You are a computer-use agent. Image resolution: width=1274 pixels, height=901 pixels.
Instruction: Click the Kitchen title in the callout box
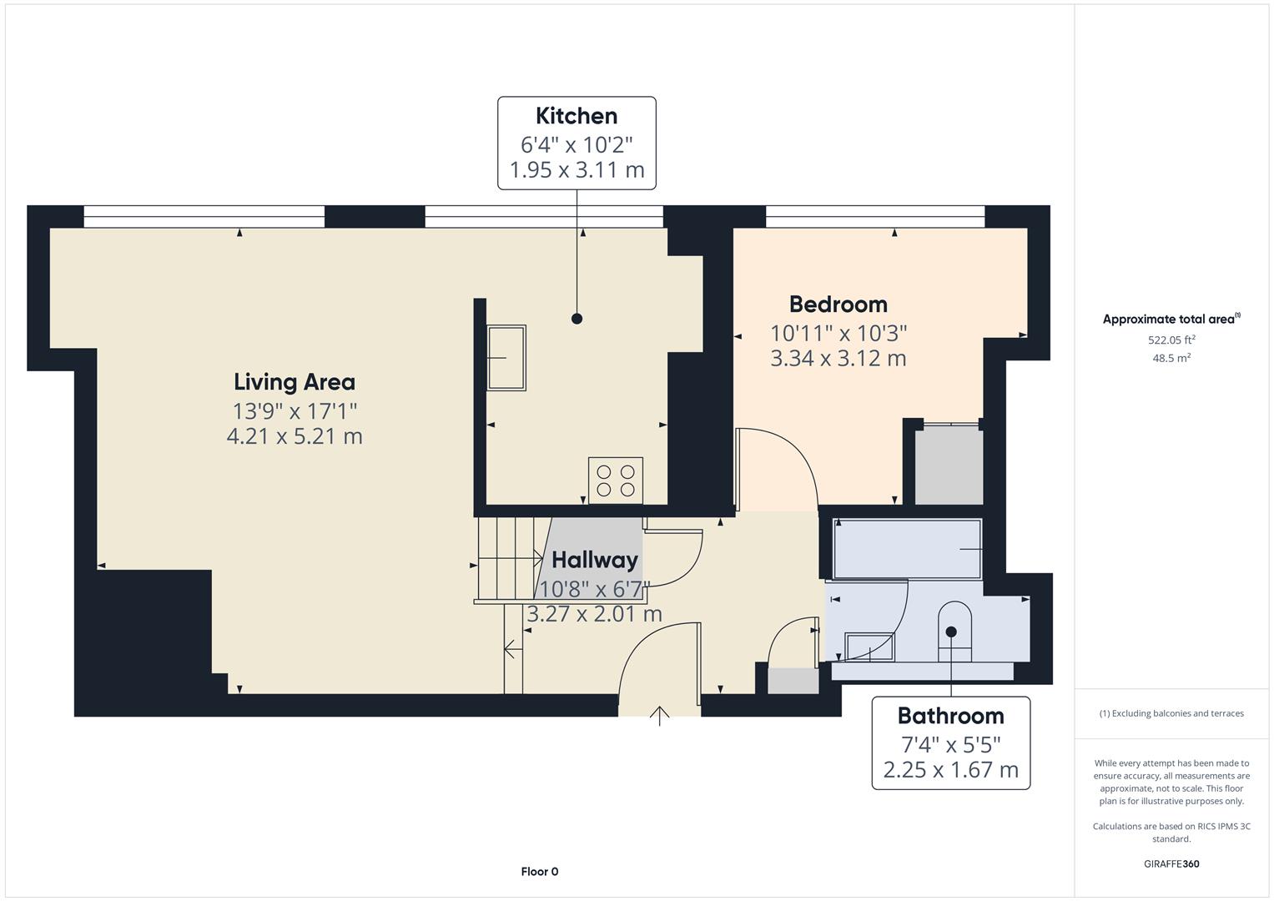(577, 116)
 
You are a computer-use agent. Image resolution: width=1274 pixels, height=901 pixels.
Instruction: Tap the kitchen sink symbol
(506, 358)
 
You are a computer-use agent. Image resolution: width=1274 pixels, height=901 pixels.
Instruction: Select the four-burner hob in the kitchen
(616, 480)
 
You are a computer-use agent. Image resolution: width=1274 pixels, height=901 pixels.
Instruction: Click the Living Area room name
(295, 382)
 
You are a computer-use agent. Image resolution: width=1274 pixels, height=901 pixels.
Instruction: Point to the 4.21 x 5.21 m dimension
(295, 436)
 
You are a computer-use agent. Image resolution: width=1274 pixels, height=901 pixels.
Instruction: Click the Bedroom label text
(838, 304)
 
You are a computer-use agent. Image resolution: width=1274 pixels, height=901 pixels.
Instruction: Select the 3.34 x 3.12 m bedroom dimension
(838, 359)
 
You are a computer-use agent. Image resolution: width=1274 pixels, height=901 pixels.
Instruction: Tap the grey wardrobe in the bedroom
(949, 466)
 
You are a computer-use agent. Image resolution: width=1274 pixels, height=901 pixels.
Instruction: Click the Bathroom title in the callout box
(950, 716)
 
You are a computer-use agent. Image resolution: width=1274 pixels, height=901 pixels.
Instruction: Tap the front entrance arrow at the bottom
(660, 715)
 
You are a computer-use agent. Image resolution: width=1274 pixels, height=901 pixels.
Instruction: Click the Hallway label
(595, 560)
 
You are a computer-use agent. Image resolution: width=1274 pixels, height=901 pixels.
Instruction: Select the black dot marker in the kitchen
(577, 319)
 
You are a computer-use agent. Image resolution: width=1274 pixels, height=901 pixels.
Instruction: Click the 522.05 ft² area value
(1171, 340)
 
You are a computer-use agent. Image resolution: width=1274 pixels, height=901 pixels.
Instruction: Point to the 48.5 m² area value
(1171, 358)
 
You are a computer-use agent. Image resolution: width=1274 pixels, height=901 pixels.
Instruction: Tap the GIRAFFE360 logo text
(1171, 863)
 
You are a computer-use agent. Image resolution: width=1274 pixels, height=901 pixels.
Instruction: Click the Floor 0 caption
(540, 872)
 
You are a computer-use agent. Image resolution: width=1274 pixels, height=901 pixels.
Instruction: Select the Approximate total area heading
(1170, 320)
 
